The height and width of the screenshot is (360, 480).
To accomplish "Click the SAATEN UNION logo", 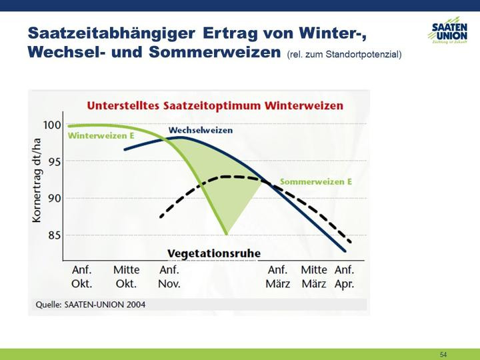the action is (x=448, y=30).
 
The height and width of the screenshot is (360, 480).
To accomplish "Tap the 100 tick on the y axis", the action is (x=52, y=125).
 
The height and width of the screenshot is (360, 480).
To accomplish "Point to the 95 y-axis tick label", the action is (x=55, y=161).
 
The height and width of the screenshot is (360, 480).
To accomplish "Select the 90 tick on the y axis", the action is (x=55, y=199).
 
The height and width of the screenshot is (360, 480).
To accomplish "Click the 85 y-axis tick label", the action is (x=55, y=235).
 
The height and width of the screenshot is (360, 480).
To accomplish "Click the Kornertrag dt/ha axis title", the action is (x=37, y=181).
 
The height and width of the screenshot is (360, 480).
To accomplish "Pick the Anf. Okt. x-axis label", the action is (x=82, y=277).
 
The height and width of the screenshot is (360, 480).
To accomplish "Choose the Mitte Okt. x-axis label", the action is (x=127, y=277).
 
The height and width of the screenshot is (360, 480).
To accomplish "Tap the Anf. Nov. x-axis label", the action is (x=169, y=277).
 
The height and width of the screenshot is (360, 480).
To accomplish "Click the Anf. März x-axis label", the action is (x=277, y=277).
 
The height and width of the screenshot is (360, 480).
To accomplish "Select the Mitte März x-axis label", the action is (x=314, y=277).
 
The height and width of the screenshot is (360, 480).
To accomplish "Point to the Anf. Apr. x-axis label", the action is (x=345, y=277).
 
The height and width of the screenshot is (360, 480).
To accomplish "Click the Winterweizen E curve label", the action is (x=101, y=135).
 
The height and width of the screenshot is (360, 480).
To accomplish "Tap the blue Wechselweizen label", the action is (x=201, y=130).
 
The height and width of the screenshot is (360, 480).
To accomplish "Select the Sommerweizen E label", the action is (x=316, y=182).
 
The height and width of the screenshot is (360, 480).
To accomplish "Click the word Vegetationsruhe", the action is (x=214, y=253).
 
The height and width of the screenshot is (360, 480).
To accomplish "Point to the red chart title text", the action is (x=215, y=105).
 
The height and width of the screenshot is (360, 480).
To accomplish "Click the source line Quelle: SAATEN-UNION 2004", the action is (x=91, y=305).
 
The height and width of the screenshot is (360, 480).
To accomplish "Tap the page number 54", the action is (x=443, y=355).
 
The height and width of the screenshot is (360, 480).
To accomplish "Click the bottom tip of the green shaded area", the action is (x=227, y=235).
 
